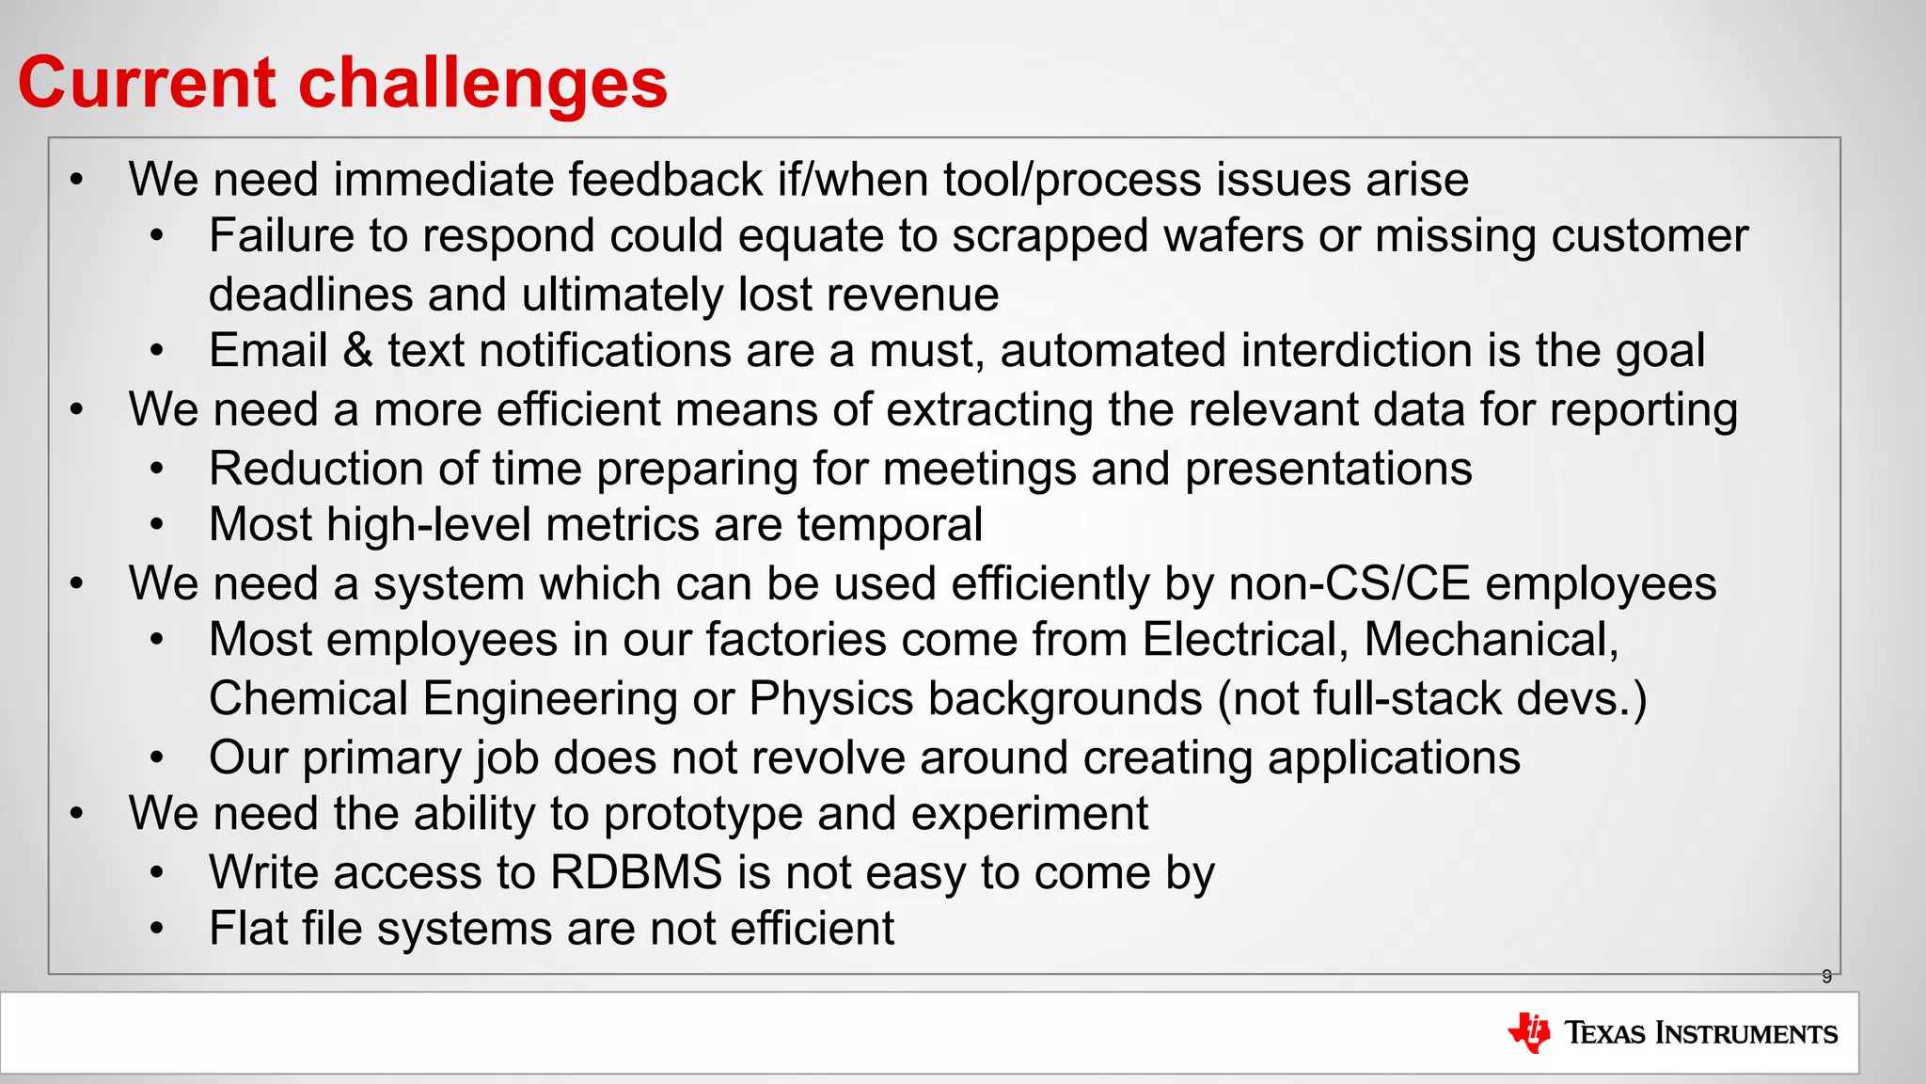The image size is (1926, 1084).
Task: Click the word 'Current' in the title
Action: [x=147, y=83]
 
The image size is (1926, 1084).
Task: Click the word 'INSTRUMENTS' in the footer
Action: [x=1745, y=1033]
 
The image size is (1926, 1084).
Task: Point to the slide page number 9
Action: [x=1826, y=977]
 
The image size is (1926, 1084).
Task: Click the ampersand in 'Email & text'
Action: [x=357, y=350]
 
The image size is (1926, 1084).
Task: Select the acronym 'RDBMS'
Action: [x=636, y=872]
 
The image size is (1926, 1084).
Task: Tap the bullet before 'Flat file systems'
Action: [x=157, y=929]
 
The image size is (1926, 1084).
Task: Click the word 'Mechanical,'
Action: [x=1492, y=640]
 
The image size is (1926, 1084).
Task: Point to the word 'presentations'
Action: [x=1328, y=469]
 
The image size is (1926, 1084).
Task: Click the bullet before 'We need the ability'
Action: [x=77, y=813]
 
